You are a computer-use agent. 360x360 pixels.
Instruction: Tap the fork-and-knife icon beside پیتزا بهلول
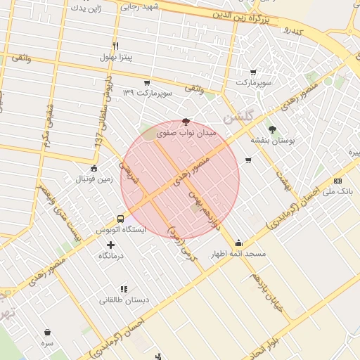[x=125, y=46]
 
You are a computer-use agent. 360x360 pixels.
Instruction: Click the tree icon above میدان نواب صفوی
[x=186, y=122]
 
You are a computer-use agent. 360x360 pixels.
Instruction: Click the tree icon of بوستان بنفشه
[x=272, y=129]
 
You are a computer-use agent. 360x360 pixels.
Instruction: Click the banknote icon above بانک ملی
[x=337, y=181]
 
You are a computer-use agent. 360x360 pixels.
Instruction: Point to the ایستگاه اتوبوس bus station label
[x=120, y=230]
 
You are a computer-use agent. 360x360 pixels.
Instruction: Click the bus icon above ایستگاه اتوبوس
[x=120, y=219]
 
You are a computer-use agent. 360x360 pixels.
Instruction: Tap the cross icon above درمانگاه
[x=110, y=245]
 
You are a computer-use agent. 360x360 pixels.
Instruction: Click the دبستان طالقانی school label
[x=124, y=300]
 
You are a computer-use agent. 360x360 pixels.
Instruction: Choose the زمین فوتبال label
[x=95, y=179]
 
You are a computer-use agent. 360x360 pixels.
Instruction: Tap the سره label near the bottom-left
[x=47, y=343]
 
